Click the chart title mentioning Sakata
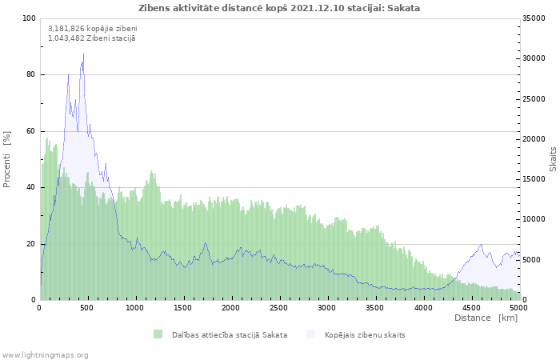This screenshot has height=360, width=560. [279, 8]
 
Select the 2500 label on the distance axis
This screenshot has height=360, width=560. [279, 308]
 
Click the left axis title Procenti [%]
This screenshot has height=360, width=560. [6, 159]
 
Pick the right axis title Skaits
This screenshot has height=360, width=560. [553, 159]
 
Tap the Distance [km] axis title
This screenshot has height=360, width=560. [486, 318]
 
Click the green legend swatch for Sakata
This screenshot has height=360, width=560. [158, 334]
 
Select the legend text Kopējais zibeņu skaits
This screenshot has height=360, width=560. [365, 335]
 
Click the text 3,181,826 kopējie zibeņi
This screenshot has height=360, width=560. [93, 29]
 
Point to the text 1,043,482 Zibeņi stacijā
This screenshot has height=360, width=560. [92, 38]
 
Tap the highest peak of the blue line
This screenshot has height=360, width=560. [83, 54]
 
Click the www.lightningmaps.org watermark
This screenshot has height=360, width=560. [44, 355]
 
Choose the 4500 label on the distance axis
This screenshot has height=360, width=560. [471, 308]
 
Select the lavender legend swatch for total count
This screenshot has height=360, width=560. [310, 334]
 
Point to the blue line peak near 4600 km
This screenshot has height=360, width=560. [481, 244]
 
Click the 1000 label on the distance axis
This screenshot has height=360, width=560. [134, 308]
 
